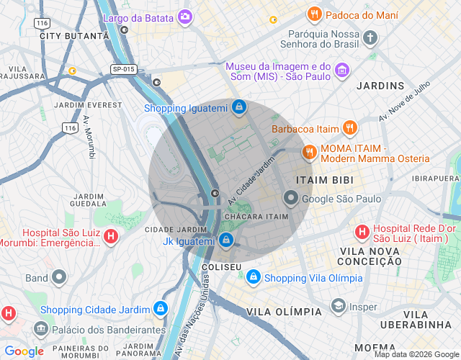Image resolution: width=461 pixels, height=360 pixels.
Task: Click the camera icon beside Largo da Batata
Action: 186,16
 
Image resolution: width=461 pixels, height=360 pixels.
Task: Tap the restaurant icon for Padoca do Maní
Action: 314,14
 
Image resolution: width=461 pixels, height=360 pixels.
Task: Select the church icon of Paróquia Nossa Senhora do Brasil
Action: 370,37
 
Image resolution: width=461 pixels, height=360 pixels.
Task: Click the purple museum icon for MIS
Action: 342,71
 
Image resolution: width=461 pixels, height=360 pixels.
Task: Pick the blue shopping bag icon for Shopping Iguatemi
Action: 239,108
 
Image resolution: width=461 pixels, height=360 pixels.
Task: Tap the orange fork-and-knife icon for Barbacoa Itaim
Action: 349,128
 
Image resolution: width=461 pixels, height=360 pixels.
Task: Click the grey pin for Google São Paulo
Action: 291,198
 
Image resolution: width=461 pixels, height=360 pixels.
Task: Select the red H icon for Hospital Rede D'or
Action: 362,232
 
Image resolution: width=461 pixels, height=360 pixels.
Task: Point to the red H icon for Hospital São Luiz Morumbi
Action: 110,235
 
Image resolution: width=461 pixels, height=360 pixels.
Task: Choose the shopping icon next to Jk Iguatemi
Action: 226,240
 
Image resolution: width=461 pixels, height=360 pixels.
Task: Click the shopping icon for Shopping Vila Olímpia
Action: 253,277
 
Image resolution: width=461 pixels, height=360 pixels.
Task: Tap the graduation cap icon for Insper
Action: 338,306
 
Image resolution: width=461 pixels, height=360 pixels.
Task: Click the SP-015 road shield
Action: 124,69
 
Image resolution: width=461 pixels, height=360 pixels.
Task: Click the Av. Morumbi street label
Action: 89,137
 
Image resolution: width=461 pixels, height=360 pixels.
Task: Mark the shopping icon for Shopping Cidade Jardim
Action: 159,309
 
